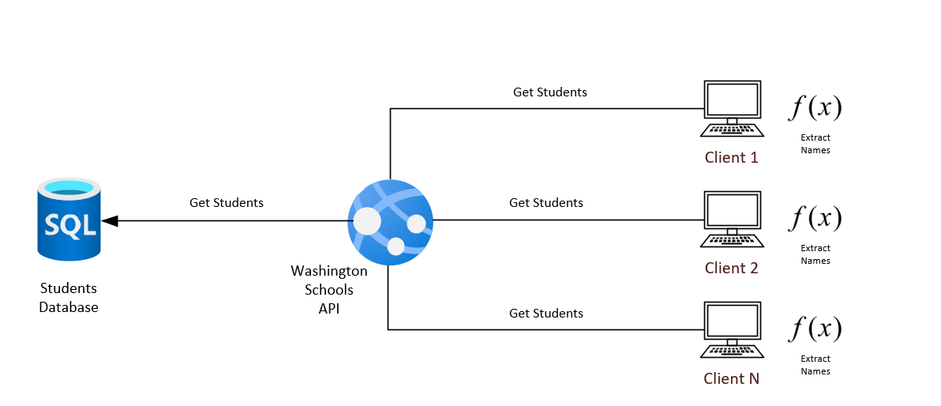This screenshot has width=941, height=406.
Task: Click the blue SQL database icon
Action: tap(69, 220)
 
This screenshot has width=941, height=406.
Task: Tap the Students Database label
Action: tap(69, 298)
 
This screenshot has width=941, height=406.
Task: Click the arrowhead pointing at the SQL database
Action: tap(111, 221)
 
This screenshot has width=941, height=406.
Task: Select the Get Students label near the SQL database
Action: tap(227, 203)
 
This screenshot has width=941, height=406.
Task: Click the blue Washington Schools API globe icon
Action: tap(391, 222)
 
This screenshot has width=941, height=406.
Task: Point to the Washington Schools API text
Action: tap(329, 290)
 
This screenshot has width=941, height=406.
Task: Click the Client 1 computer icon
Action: tap(732, 109)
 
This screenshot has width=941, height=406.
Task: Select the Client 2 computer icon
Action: tap(732, 220)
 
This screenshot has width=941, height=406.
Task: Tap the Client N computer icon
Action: tap(732, 330)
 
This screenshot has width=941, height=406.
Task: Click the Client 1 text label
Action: tap(732, 157)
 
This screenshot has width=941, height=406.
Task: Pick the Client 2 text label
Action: tap(732, 268)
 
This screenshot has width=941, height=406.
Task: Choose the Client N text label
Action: tap(732, 378)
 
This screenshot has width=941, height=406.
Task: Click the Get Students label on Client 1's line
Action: tap(550, 92)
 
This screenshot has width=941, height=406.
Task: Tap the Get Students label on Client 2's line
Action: tap(546, 203)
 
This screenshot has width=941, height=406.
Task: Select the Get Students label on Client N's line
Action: tap(546, 314)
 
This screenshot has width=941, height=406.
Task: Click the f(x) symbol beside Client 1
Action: tap(815, 107)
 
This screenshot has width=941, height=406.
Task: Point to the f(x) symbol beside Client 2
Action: tap(815, 218)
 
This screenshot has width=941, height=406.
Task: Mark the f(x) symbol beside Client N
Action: tap(815, 329)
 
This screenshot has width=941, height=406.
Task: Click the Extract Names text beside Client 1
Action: tap(815, 144)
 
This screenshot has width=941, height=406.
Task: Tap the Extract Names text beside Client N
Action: tap(815, 365)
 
